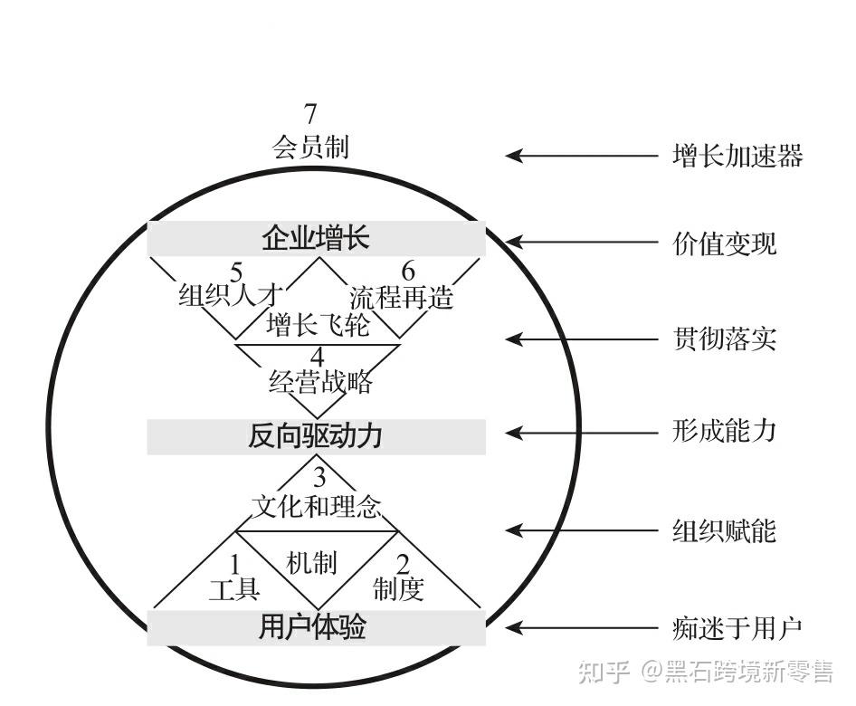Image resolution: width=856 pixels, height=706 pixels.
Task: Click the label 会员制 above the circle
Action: [310, 147]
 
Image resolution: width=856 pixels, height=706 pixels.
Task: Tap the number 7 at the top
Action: [310, 115]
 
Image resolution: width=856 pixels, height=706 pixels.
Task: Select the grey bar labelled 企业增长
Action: [316, 239]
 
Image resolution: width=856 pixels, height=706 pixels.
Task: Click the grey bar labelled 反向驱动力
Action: [316, 436]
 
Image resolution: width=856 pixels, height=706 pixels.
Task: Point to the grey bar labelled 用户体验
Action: [316, 627]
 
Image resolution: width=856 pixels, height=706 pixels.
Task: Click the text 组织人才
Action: [231, 295]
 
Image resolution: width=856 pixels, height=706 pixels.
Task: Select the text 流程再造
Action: [401, 297]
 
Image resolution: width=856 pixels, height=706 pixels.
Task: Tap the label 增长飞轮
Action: [318, 324]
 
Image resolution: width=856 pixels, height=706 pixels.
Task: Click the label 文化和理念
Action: [316, 505]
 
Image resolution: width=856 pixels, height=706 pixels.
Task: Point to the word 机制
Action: [311, 563]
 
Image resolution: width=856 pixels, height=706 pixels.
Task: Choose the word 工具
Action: [234, 590]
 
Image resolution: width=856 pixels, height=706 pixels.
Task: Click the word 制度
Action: [398, 590]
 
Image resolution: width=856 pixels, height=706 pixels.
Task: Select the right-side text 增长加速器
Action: [737, 156]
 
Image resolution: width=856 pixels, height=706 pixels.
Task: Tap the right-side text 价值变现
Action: [724, 243]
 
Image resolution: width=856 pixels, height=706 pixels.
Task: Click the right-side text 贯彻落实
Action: [724, 340]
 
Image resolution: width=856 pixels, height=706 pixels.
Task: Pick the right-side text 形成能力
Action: [724, 431]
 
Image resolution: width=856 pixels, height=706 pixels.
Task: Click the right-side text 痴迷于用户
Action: [737, 627]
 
